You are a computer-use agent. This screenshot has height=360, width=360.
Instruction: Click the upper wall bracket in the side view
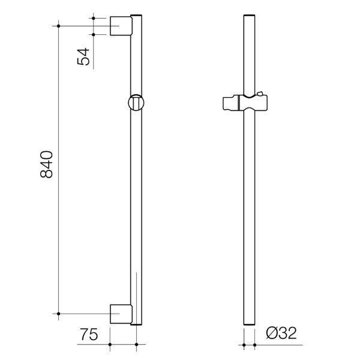[x=122, y=26]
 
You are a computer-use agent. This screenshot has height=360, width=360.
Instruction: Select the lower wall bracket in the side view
[x=122, y=313]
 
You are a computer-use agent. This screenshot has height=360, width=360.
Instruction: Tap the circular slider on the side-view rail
[x=137, y=103]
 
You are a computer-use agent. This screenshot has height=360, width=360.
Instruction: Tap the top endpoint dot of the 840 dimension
[x=58, y=26]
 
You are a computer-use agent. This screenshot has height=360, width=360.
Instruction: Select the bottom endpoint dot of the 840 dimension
[x=58, y=313]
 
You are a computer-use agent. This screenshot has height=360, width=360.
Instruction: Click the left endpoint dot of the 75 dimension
[x=111, y=344]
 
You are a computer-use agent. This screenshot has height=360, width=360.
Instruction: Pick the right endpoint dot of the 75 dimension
[x=137, y=344]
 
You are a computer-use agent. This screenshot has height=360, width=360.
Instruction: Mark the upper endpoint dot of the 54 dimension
[x=94, y=18]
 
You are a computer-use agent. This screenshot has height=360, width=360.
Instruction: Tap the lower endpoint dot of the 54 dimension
[x=94, y=34]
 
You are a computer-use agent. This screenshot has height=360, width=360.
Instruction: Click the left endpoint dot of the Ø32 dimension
[x=243, y=344]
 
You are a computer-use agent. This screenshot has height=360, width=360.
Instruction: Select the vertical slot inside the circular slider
[x=137, y=104]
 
